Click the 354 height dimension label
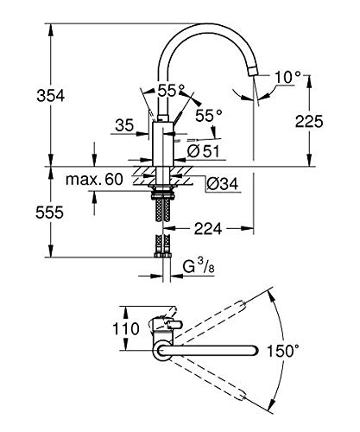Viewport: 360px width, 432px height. (x=51, y=95)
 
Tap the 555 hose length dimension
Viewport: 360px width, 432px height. (x=49, y=213)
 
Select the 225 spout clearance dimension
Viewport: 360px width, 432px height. (x=309, y=121)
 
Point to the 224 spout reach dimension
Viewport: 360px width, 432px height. (x=208, y=229)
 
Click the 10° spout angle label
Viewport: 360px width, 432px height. (x=287, y=77)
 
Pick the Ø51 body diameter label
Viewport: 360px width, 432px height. (x=203, y=150)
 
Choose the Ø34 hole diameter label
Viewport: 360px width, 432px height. (x=223, y=183)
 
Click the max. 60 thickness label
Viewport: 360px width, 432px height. (x=94, y=179)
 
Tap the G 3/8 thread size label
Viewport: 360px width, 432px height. (x=199, y=266)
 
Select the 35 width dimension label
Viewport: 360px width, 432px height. (x=124, y=125)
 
